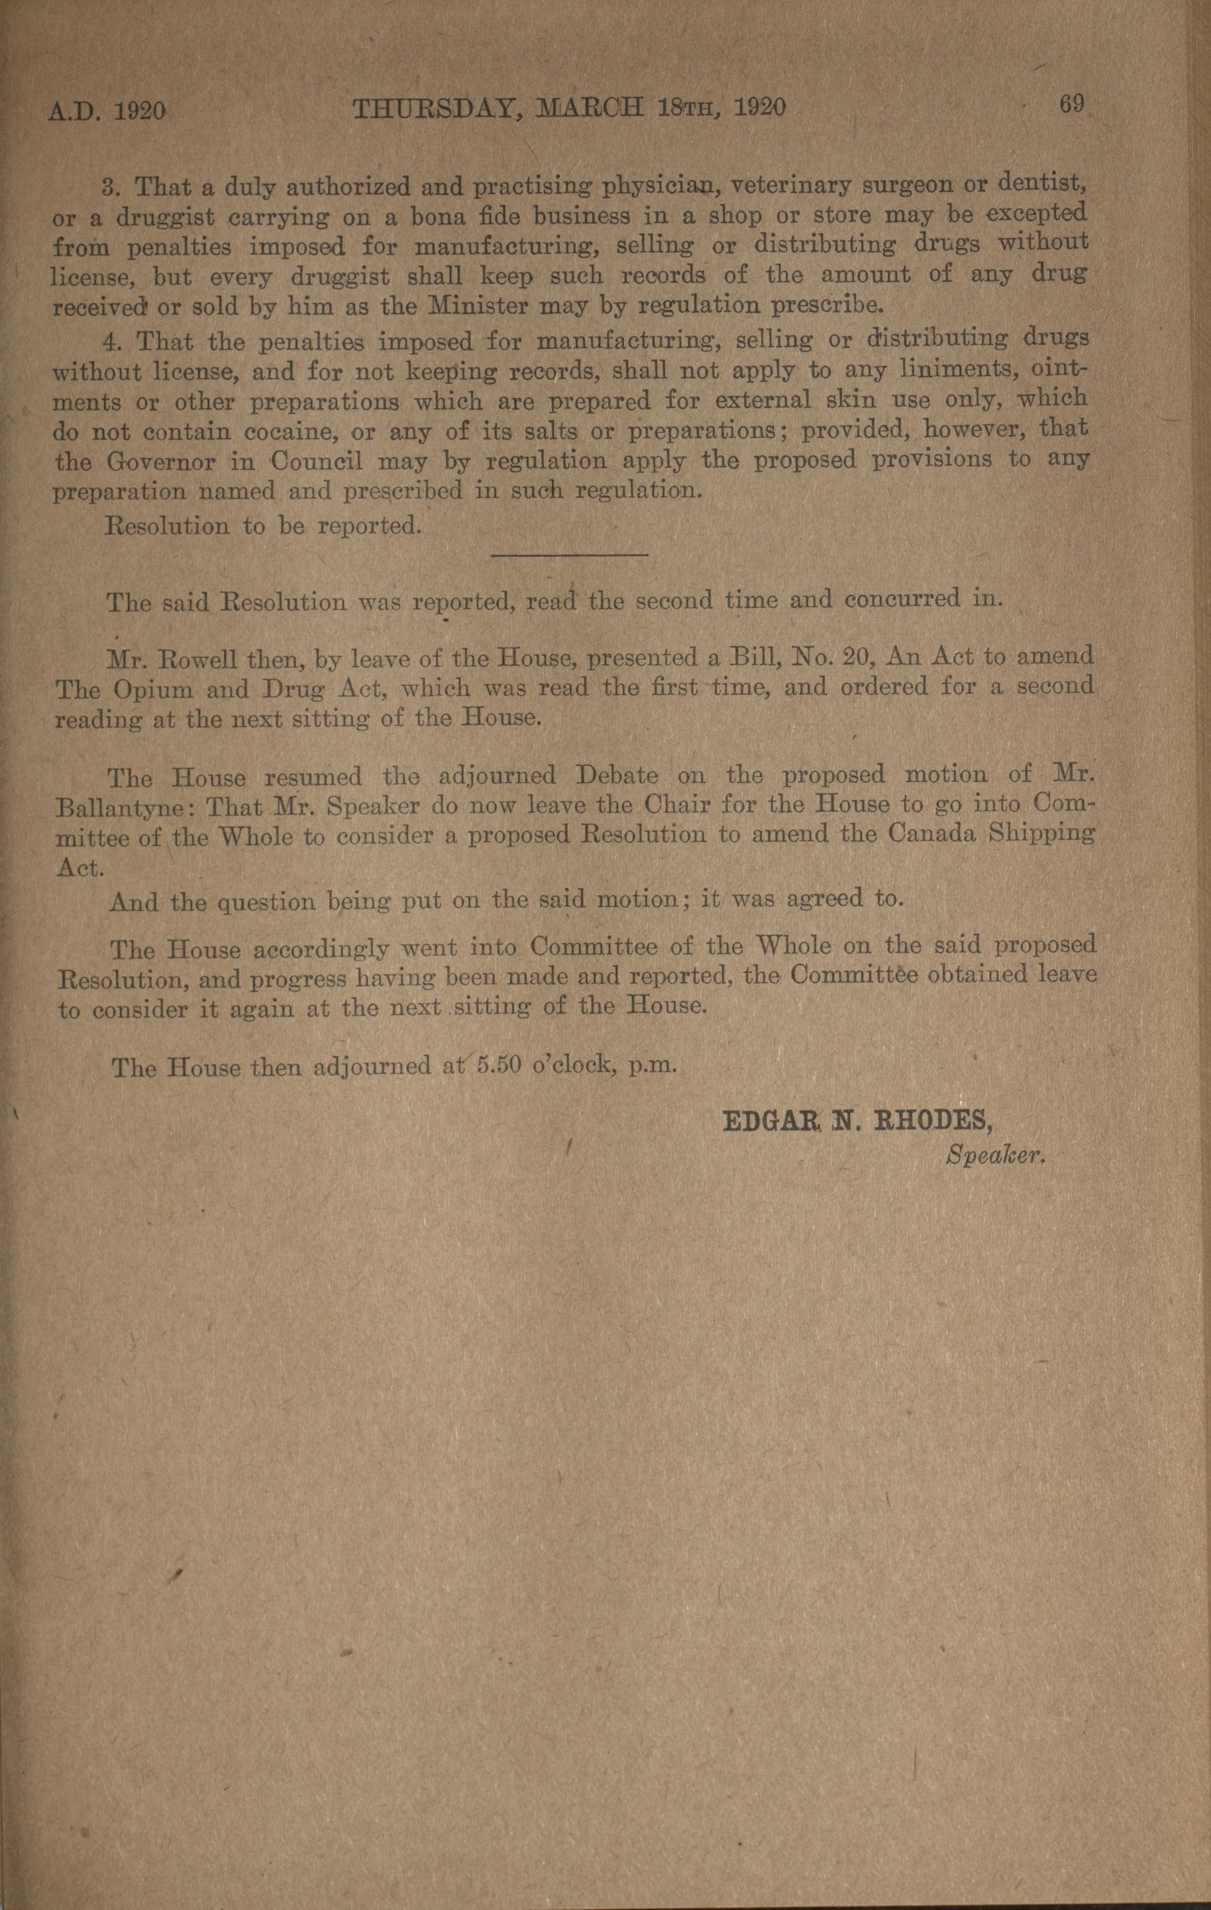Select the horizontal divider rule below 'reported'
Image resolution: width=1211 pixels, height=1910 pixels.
coord(570,555)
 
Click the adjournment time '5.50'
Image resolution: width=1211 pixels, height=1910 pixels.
coord(499,1065)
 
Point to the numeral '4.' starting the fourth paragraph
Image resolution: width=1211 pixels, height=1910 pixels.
coord(117,342)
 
